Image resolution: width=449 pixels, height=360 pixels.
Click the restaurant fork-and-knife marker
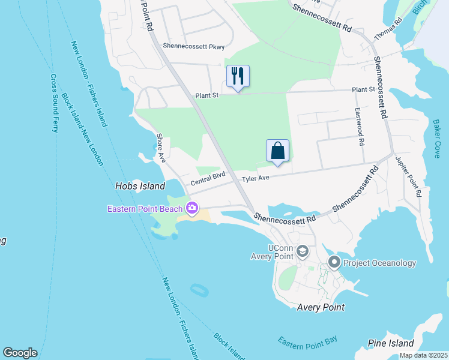[x=238, y=76]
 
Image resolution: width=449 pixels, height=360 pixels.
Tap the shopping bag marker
[x=277, y=151]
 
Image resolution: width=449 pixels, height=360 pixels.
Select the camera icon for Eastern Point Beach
[x=192, y=209]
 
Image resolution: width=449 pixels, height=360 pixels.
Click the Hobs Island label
[x=140, y=187]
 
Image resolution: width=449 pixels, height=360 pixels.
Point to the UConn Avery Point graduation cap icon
[x=303, y=251]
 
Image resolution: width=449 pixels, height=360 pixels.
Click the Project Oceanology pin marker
[x=334, y=262]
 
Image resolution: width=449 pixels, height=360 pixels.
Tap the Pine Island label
[x=392, y=343]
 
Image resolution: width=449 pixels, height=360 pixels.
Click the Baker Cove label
[x=436, y=137]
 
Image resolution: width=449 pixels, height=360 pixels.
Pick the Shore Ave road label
[x=161, y=148]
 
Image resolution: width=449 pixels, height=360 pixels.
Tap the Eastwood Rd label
[x=360, y=127]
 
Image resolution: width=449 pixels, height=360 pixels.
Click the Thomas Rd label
[x=387, y=29]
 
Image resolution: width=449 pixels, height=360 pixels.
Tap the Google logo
[x=20, y=353]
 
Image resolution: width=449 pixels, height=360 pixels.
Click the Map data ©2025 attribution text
[x=423, y=355]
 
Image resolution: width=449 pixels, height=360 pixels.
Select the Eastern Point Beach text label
[x=146, y=209]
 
